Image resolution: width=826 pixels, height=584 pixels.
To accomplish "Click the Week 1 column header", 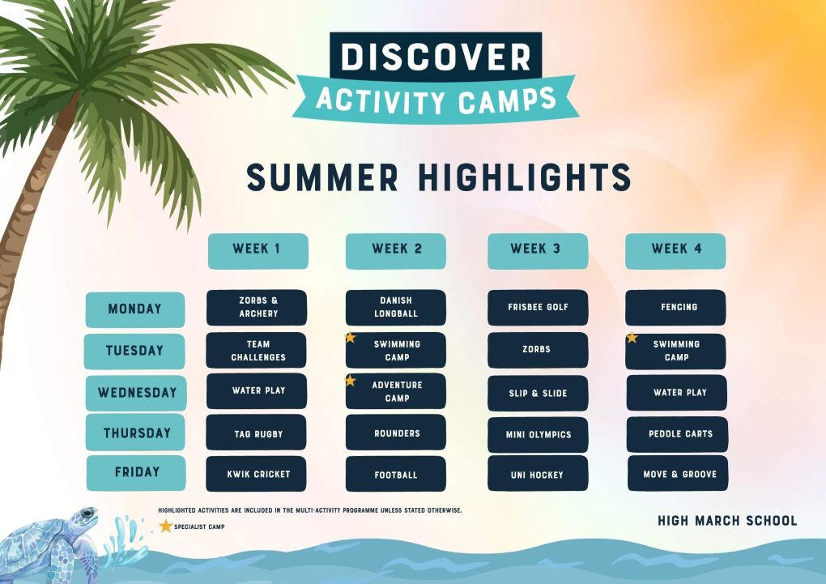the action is click(258, 251).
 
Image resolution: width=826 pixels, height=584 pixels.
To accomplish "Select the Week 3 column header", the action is click(538, 251).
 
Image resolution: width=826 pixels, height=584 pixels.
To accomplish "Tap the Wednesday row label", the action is click(136, 393).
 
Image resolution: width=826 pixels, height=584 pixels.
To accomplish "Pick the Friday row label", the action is click(136, 473).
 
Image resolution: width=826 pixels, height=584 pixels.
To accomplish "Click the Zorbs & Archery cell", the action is click(257, 307).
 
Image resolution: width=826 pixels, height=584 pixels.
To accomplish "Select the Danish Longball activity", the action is click(396, 307).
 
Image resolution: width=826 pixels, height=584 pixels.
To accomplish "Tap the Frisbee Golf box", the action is click(538, 307).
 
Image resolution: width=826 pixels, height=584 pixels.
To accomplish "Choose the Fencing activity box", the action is click(675, 307).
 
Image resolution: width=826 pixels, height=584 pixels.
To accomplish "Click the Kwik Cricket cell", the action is click(256, 474).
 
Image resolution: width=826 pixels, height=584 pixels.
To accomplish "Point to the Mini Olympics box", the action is click(538, 435).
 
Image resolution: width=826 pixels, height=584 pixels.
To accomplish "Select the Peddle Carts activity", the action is click(677, 434).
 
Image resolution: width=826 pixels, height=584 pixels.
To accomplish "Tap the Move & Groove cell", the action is click(678, 473).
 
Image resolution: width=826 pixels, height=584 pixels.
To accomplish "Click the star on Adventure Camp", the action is click(351, 380).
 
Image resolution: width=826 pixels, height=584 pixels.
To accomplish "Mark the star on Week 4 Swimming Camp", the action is click(632, 337).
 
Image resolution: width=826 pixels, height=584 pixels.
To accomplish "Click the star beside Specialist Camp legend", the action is click(165, 526).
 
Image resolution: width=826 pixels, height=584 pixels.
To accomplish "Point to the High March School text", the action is click(727, 521).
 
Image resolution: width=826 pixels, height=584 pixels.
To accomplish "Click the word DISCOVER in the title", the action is click(436, 57).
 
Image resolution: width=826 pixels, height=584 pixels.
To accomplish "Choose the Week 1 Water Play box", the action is click(257, 391).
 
